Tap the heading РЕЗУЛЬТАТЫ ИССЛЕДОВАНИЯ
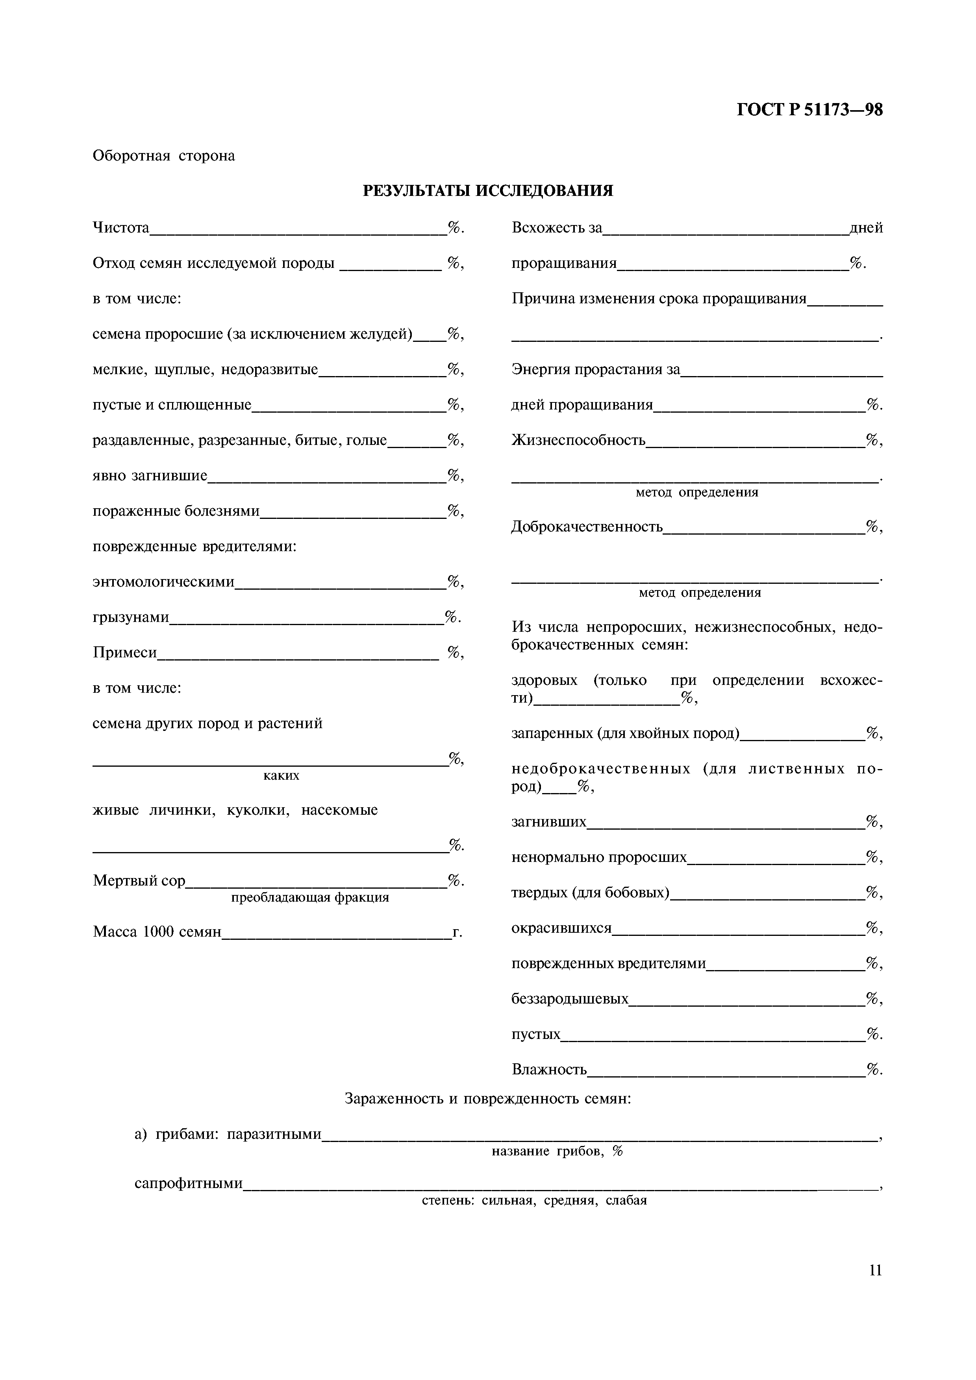488,191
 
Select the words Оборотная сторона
163,156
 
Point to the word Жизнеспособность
578,441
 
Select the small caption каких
281,776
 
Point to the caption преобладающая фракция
310,897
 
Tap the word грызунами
130,617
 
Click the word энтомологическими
163,582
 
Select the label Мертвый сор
139,881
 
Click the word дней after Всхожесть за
866,229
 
